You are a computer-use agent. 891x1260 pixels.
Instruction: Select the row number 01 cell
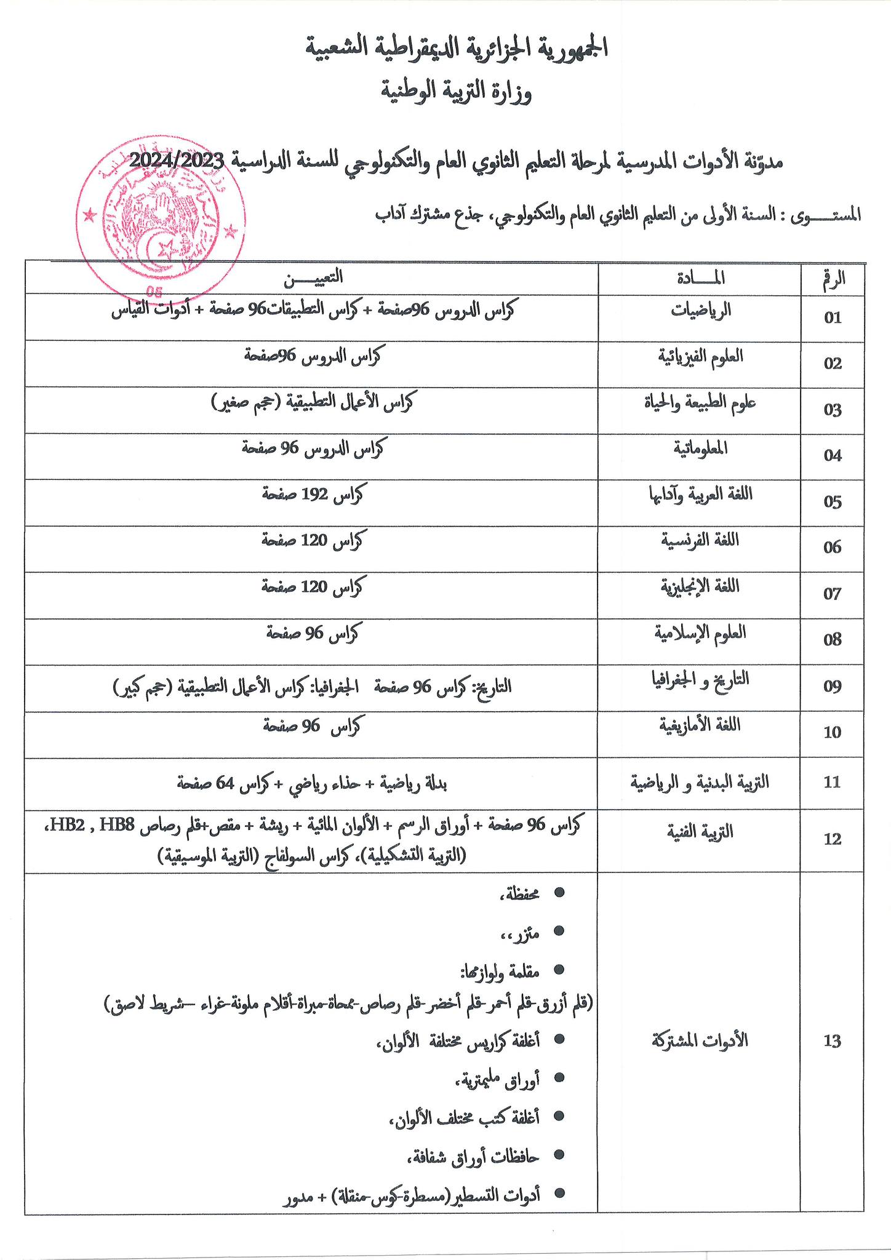click(x=833, y=317)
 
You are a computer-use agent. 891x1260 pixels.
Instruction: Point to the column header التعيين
click(x=313, y=278)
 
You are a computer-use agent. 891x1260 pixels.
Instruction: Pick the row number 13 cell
click(x=832, y=1041)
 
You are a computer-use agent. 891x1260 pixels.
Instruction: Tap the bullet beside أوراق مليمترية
click(x=559, y=1077)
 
